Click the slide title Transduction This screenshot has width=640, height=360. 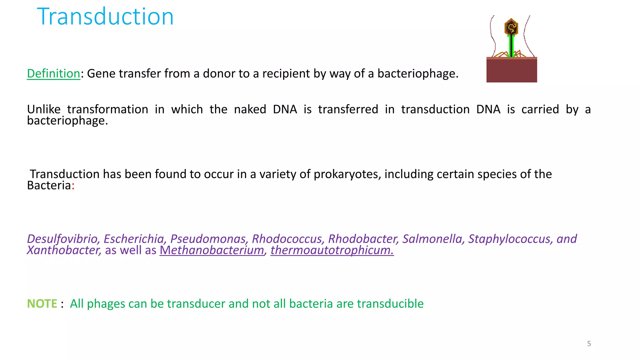point(105,17)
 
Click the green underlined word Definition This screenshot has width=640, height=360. point(53,74)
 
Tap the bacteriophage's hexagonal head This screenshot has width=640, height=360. point(511,27)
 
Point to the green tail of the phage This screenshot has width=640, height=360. point(511,46)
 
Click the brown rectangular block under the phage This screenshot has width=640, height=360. point(512,70)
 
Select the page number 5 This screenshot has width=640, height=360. point(589,344)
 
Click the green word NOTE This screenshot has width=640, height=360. point(42,304)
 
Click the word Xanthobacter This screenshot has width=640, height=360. point(63,250)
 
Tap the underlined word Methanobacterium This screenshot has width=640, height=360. point(212,250)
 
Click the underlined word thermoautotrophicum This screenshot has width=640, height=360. point(332,250)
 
